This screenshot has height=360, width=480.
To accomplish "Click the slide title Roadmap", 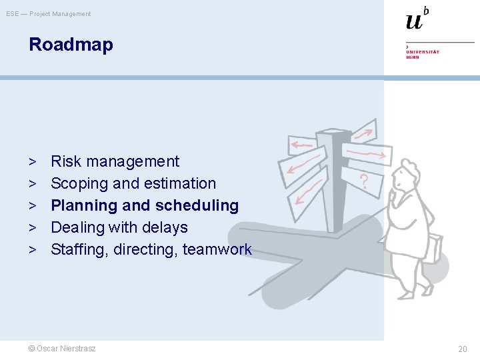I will (71, 45).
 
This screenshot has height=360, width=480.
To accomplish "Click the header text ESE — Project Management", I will (48, 14).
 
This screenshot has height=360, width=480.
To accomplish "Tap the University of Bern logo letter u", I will (413, 21).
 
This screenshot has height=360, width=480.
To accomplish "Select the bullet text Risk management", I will (115, 161).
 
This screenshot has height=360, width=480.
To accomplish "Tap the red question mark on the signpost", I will (364, 181).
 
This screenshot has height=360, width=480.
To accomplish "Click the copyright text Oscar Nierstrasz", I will (61, 349).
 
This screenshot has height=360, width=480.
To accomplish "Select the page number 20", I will (462, 349).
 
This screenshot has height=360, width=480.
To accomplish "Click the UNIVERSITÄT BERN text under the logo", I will (422, 54).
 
